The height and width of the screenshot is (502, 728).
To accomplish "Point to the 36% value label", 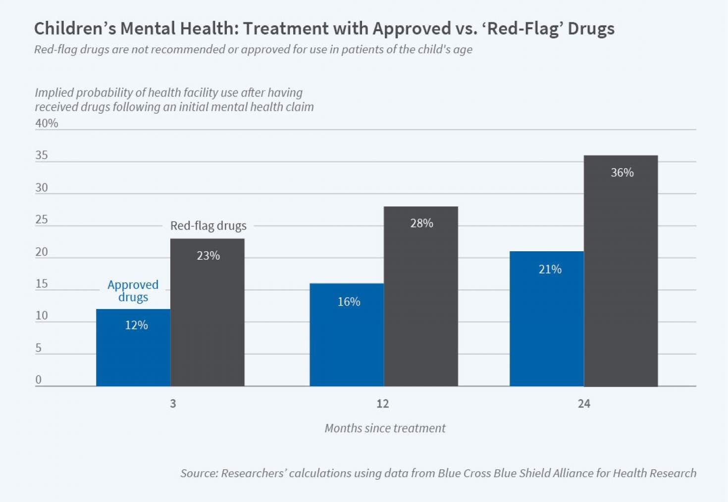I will [622, 173].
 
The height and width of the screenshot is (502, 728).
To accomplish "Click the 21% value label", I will [550, 270].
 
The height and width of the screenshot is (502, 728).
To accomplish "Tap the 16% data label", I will [349, 302].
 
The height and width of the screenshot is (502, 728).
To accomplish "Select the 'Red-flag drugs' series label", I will [208, 226].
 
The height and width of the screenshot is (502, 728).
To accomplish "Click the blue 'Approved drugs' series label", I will [133, 291].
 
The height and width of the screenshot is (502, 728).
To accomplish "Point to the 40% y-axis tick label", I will [47, 123].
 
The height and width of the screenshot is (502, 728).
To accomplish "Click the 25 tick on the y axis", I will [42, 220].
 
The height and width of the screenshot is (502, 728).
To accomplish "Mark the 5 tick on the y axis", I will [39, 348].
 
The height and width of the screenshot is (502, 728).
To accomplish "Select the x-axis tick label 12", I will [383, 404].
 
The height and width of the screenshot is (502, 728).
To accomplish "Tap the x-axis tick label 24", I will [584, 404].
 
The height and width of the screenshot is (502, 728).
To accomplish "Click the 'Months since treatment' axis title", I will [385, 428].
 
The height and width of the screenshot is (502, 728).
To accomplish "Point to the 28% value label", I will [421, 224].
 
